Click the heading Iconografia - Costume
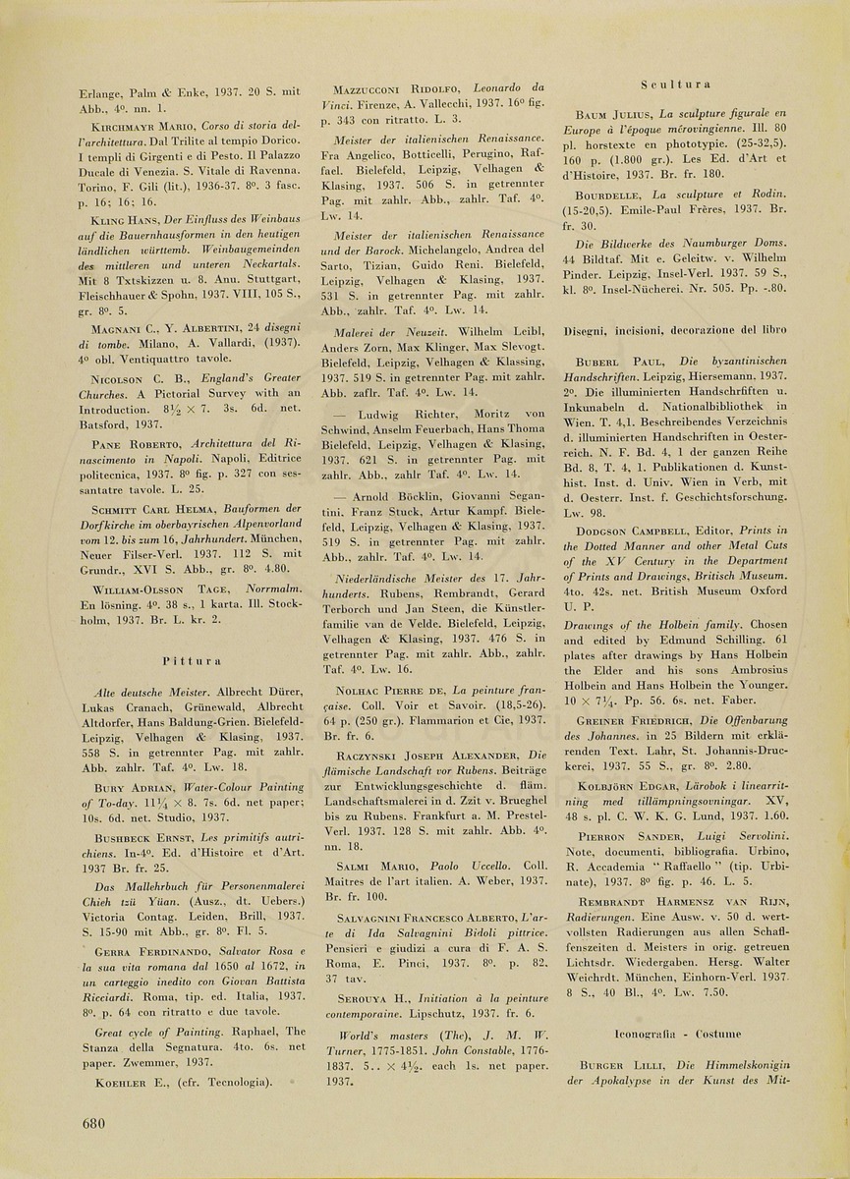click(676, 1034)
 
